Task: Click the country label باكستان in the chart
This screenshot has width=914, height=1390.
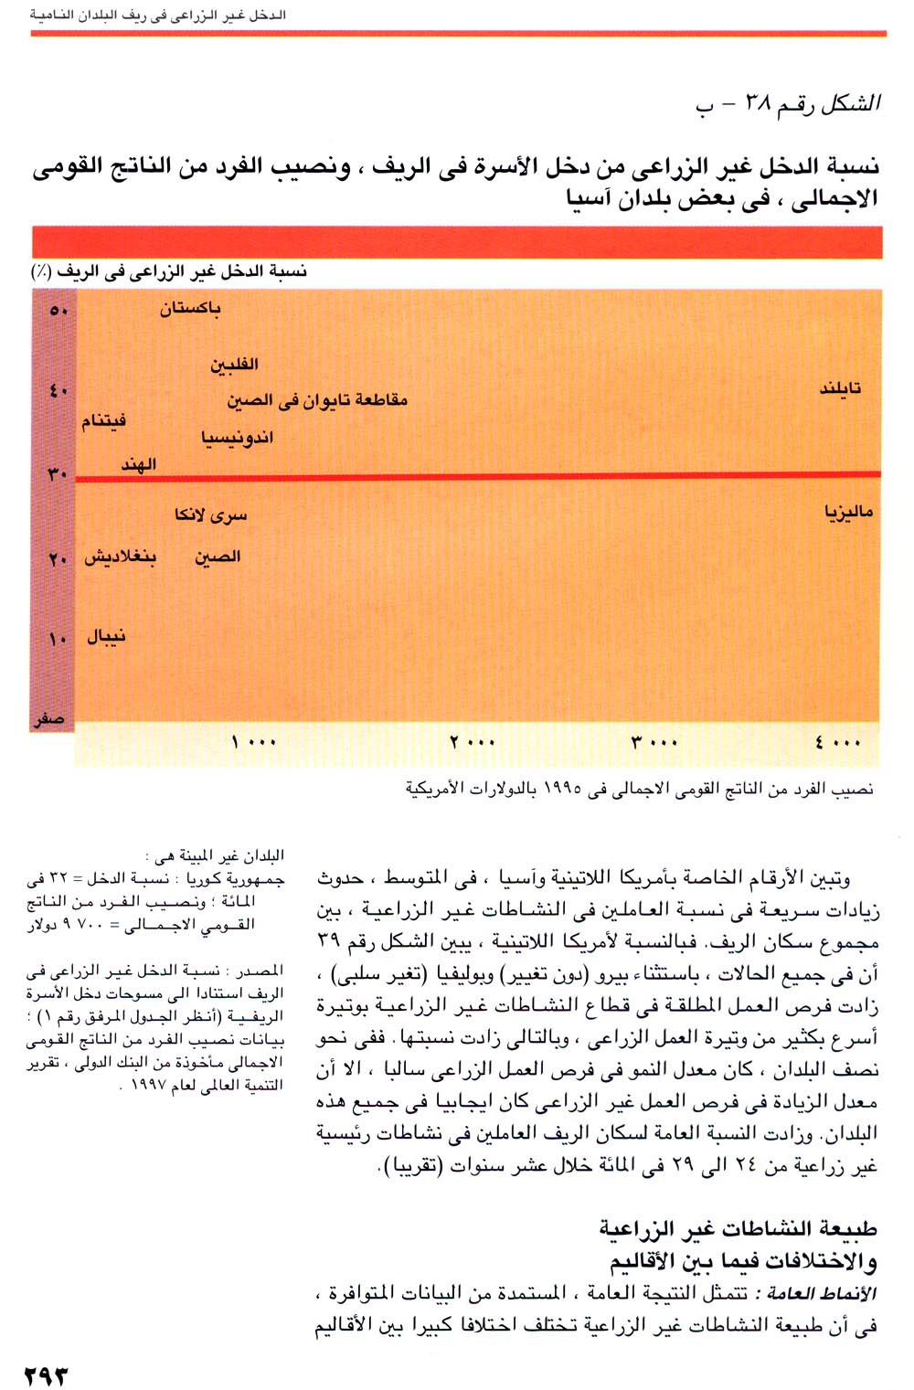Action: pyautogui.click(x=190, y=309)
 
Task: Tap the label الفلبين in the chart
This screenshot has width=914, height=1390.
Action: pyautogui.click(x=235, y=365)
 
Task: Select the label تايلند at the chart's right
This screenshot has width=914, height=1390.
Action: pyautogui.click(x=839, y=388)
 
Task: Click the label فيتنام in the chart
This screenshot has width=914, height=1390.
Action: pyautogui.click(x=103, y=421)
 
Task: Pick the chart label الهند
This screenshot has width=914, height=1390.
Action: pyautogui.click(x=139, y=465)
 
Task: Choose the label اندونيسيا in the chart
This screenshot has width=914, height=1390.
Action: pyautogui.click(x=238, y=438)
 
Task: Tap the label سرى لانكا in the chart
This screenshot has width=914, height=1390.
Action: pyautogui.click(x=211, y=515)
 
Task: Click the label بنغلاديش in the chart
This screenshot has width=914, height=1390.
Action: pyautogui.click(x=121, y=557)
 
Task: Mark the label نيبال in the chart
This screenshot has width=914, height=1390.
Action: pyautogui.click(x=106, y=636)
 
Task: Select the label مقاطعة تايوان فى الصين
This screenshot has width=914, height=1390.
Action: pyautogui.click(x=317, y=400)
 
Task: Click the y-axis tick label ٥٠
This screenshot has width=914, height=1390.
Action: pyautogui.click(x=58, y=311)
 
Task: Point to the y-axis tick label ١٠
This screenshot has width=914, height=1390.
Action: pyautogui.click(x=58, y=638)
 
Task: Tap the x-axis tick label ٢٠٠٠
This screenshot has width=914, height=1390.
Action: pyautogui.click(x=473, y=742)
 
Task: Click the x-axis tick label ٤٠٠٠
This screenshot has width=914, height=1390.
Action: pyautogui.click(x=838, y=742)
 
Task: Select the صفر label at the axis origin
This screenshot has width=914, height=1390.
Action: pyautogui.click(x=49, y=720)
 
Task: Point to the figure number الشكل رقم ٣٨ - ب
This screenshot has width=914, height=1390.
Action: pyautogui.click(x=788, y=105)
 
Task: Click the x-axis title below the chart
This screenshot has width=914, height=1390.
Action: pyautogui.click(x=639, y=789)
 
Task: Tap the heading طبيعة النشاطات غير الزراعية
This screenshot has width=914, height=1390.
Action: pyautogui.click(x=739, y=1227)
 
